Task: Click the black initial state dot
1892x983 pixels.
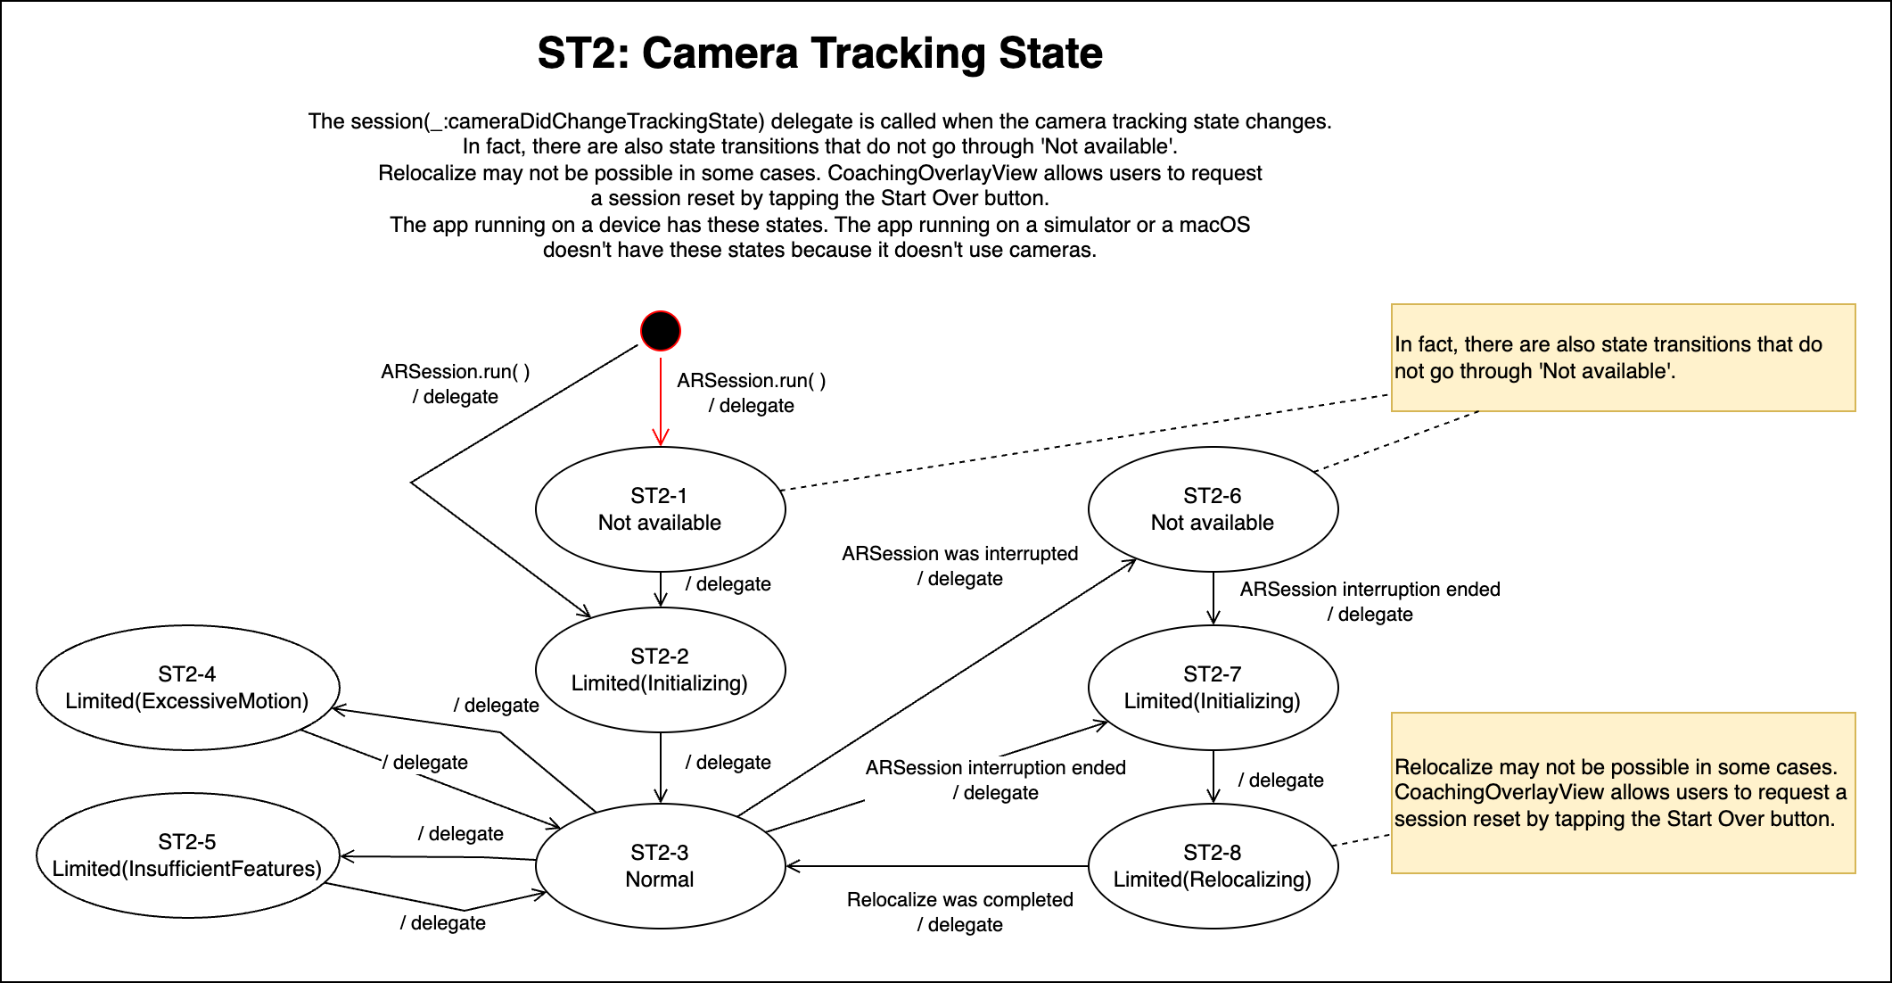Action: pyautogui.click(x=661, y=331)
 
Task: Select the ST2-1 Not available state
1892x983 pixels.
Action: pyautogui.click(x=660, y=509)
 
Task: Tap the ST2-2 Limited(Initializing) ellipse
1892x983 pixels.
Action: pyautogui.click(x=660, y=670)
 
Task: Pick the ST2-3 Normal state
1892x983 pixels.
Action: pyautogui.click(x=660, y=866)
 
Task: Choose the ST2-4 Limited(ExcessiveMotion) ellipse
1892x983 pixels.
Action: pyautogui.click(x=187, y=688)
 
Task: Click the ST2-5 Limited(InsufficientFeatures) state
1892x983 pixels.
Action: pyautogui.click(x=187, y=855)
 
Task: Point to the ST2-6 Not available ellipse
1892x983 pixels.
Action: pyautogui.click(x=1213, y=509)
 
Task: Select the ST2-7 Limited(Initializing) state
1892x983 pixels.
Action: pyautogui.click(x=1213, y=688)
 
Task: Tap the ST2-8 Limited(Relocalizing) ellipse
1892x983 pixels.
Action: pyautogui.click(x=1213, y=866)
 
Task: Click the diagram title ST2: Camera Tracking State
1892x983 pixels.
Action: pyautogui.click(x=819, y=54)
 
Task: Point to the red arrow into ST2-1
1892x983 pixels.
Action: pyautogui.click(x=661, y=401)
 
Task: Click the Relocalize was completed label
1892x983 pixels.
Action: pyautogui.click(x=959, y=900)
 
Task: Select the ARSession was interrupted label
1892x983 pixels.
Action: pyautogui.click(x=959, y=554)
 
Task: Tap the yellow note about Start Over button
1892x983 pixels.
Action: pyautogui.click(x=1623, y=793)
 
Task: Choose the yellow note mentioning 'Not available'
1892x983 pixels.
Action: pyautogui.click(x=1623, y=358)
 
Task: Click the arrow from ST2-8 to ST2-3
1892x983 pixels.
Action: pyautogui.click(x=936, y=866)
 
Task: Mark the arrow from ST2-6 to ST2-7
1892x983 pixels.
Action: pyautogui.click(x=1213, y=598)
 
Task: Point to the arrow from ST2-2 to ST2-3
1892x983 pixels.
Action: pyautogui.click(x=661, y=767)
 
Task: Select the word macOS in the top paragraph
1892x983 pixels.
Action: pyautogui.click(x=1214, y=225)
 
